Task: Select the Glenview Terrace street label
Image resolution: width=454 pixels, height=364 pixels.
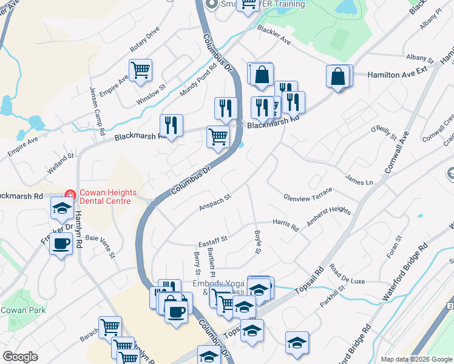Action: coord(308,194)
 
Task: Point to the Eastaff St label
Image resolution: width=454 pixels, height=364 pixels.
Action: coord(212,239)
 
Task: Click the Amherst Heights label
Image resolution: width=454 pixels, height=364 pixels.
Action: coord(328,217)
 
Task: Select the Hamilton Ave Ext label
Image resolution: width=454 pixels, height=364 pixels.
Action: coord(398,73)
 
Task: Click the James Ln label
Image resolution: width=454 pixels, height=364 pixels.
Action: coord(358,180)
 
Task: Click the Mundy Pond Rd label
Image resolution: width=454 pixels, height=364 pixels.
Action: coord(198,82)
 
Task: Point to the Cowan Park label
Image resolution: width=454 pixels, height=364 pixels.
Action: coord(19,310)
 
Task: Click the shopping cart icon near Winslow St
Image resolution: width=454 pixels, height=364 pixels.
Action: coord(140,70)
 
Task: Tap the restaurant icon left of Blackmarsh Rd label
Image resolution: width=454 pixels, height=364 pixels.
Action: coord(171,126)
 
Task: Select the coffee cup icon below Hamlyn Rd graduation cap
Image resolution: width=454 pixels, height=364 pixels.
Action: coord(60,244)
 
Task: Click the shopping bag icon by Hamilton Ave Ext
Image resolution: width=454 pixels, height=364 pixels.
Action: coord(339,76)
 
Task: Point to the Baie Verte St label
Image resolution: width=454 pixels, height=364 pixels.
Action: coord(101,246)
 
